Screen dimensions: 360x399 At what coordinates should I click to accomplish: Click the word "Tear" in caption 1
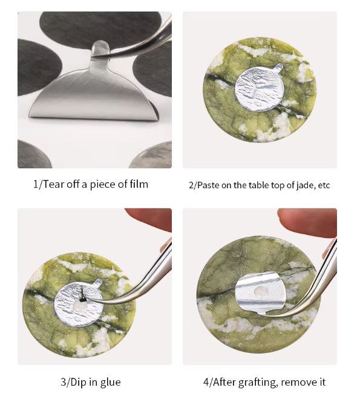pos(52,184)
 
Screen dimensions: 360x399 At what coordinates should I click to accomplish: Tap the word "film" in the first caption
pos(139,183)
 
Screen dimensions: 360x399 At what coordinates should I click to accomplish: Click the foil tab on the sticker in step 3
pos(97,282)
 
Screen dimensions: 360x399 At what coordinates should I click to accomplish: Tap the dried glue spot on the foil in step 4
pos(261,291)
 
